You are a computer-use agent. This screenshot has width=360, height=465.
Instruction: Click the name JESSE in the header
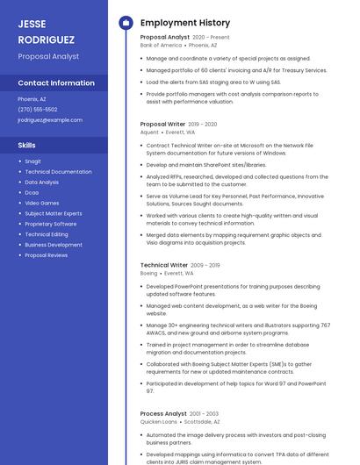click(32, 24)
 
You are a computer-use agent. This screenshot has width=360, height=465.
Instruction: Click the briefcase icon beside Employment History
click(126, 23)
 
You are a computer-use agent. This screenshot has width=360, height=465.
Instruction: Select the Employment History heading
click(185, 23)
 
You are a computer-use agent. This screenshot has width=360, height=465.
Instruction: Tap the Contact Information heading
click(56, 82)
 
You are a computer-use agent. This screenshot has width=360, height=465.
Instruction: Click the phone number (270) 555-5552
click(38, 109)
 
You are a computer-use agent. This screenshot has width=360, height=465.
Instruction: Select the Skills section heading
click(27, 145)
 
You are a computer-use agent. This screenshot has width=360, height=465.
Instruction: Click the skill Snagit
click(33, 161)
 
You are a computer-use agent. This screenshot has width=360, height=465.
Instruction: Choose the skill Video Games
click(42, 203)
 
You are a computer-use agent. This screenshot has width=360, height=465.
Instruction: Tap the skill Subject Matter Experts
click(54, 213)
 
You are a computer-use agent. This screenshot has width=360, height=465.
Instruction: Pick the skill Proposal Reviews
click(47, 255)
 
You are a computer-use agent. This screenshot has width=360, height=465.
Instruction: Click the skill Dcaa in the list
click(32, 192)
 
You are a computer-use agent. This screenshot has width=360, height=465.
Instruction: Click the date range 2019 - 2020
click(203, 125)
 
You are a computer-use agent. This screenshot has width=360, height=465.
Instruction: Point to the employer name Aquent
click(149, 132)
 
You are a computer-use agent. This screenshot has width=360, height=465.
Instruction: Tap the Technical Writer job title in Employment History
click(164, 265)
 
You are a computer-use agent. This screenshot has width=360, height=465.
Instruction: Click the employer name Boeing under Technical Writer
click(149, 273)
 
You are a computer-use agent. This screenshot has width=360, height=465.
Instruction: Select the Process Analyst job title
click(163, 413)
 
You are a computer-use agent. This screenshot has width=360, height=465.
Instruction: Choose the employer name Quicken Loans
click(159, 421)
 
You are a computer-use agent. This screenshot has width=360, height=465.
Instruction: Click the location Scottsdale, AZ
click(203, 421)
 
